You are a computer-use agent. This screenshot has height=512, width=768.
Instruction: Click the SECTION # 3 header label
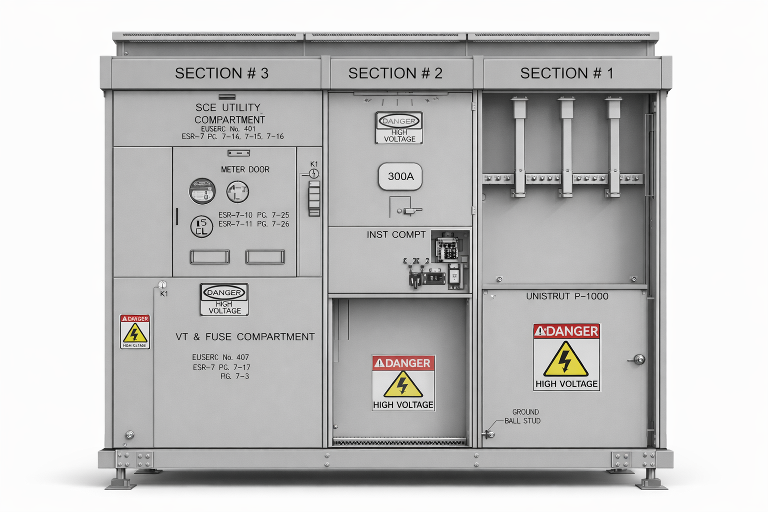[221, 73]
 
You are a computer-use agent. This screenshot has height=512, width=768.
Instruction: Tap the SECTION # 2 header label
[395, 73]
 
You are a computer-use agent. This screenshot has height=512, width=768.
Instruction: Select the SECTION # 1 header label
[566, 73]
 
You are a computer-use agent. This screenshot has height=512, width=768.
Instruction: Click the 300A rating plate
[400, 176]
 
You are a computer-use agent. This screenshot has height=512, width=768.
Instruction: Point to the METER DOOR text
[245, 169]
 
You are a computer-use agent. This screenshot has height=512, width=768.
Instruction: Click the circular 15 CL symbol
[201, 226]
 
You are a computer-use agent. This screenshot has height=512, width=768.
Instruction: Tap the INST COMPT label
[396, 234]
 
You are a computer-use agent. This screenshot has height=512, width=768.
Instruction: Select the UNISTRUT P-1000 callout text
[567, 296]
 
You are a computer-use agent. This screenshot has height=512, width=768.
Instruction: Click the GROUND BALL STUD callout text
[523, 416]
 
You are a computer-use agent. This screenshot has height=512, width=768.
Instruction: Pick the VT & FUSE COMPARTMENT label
[245, 337]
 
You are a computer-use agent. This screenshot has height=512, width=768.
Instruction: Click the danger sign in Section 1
[566, 357]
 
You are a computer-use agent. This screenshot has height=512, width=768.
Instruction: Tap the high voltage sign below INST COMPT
[403, 383]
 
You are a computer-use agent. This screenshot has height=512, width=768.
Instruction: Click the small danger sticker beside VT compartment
[135, 331]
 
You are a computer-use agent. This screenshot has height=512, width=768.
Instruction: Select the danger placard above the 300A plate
[399, 128]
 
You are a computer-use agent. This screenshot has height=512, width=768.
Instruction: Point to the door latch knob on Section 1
[639, 359]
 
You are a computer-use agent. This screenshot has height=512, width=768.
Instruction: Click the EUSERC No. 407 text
[220, 357]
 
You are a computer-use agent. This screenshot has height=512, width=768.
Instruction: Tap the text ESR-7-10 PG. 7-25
[253, 215]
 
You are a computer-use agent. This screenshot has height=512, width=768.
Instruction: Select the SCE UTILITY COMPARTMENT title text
[229, 113]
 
